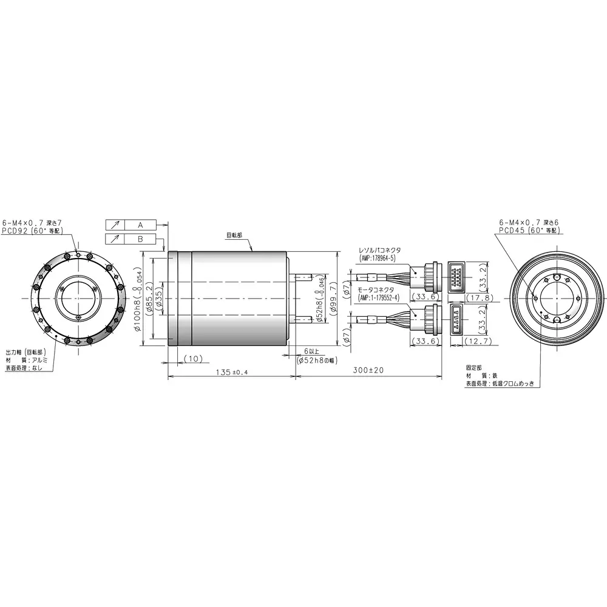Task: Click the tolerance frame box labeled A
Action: click(140, 225)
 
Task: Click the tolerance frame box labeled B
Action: click(140, 240)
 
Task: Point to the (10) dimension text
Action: click(192, 359)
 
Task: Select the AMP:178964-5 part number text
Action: click(377, 258)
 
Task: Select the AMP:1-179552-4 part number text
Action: click(380, 298)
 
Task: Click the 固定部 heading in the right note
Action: click(474, 368)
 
